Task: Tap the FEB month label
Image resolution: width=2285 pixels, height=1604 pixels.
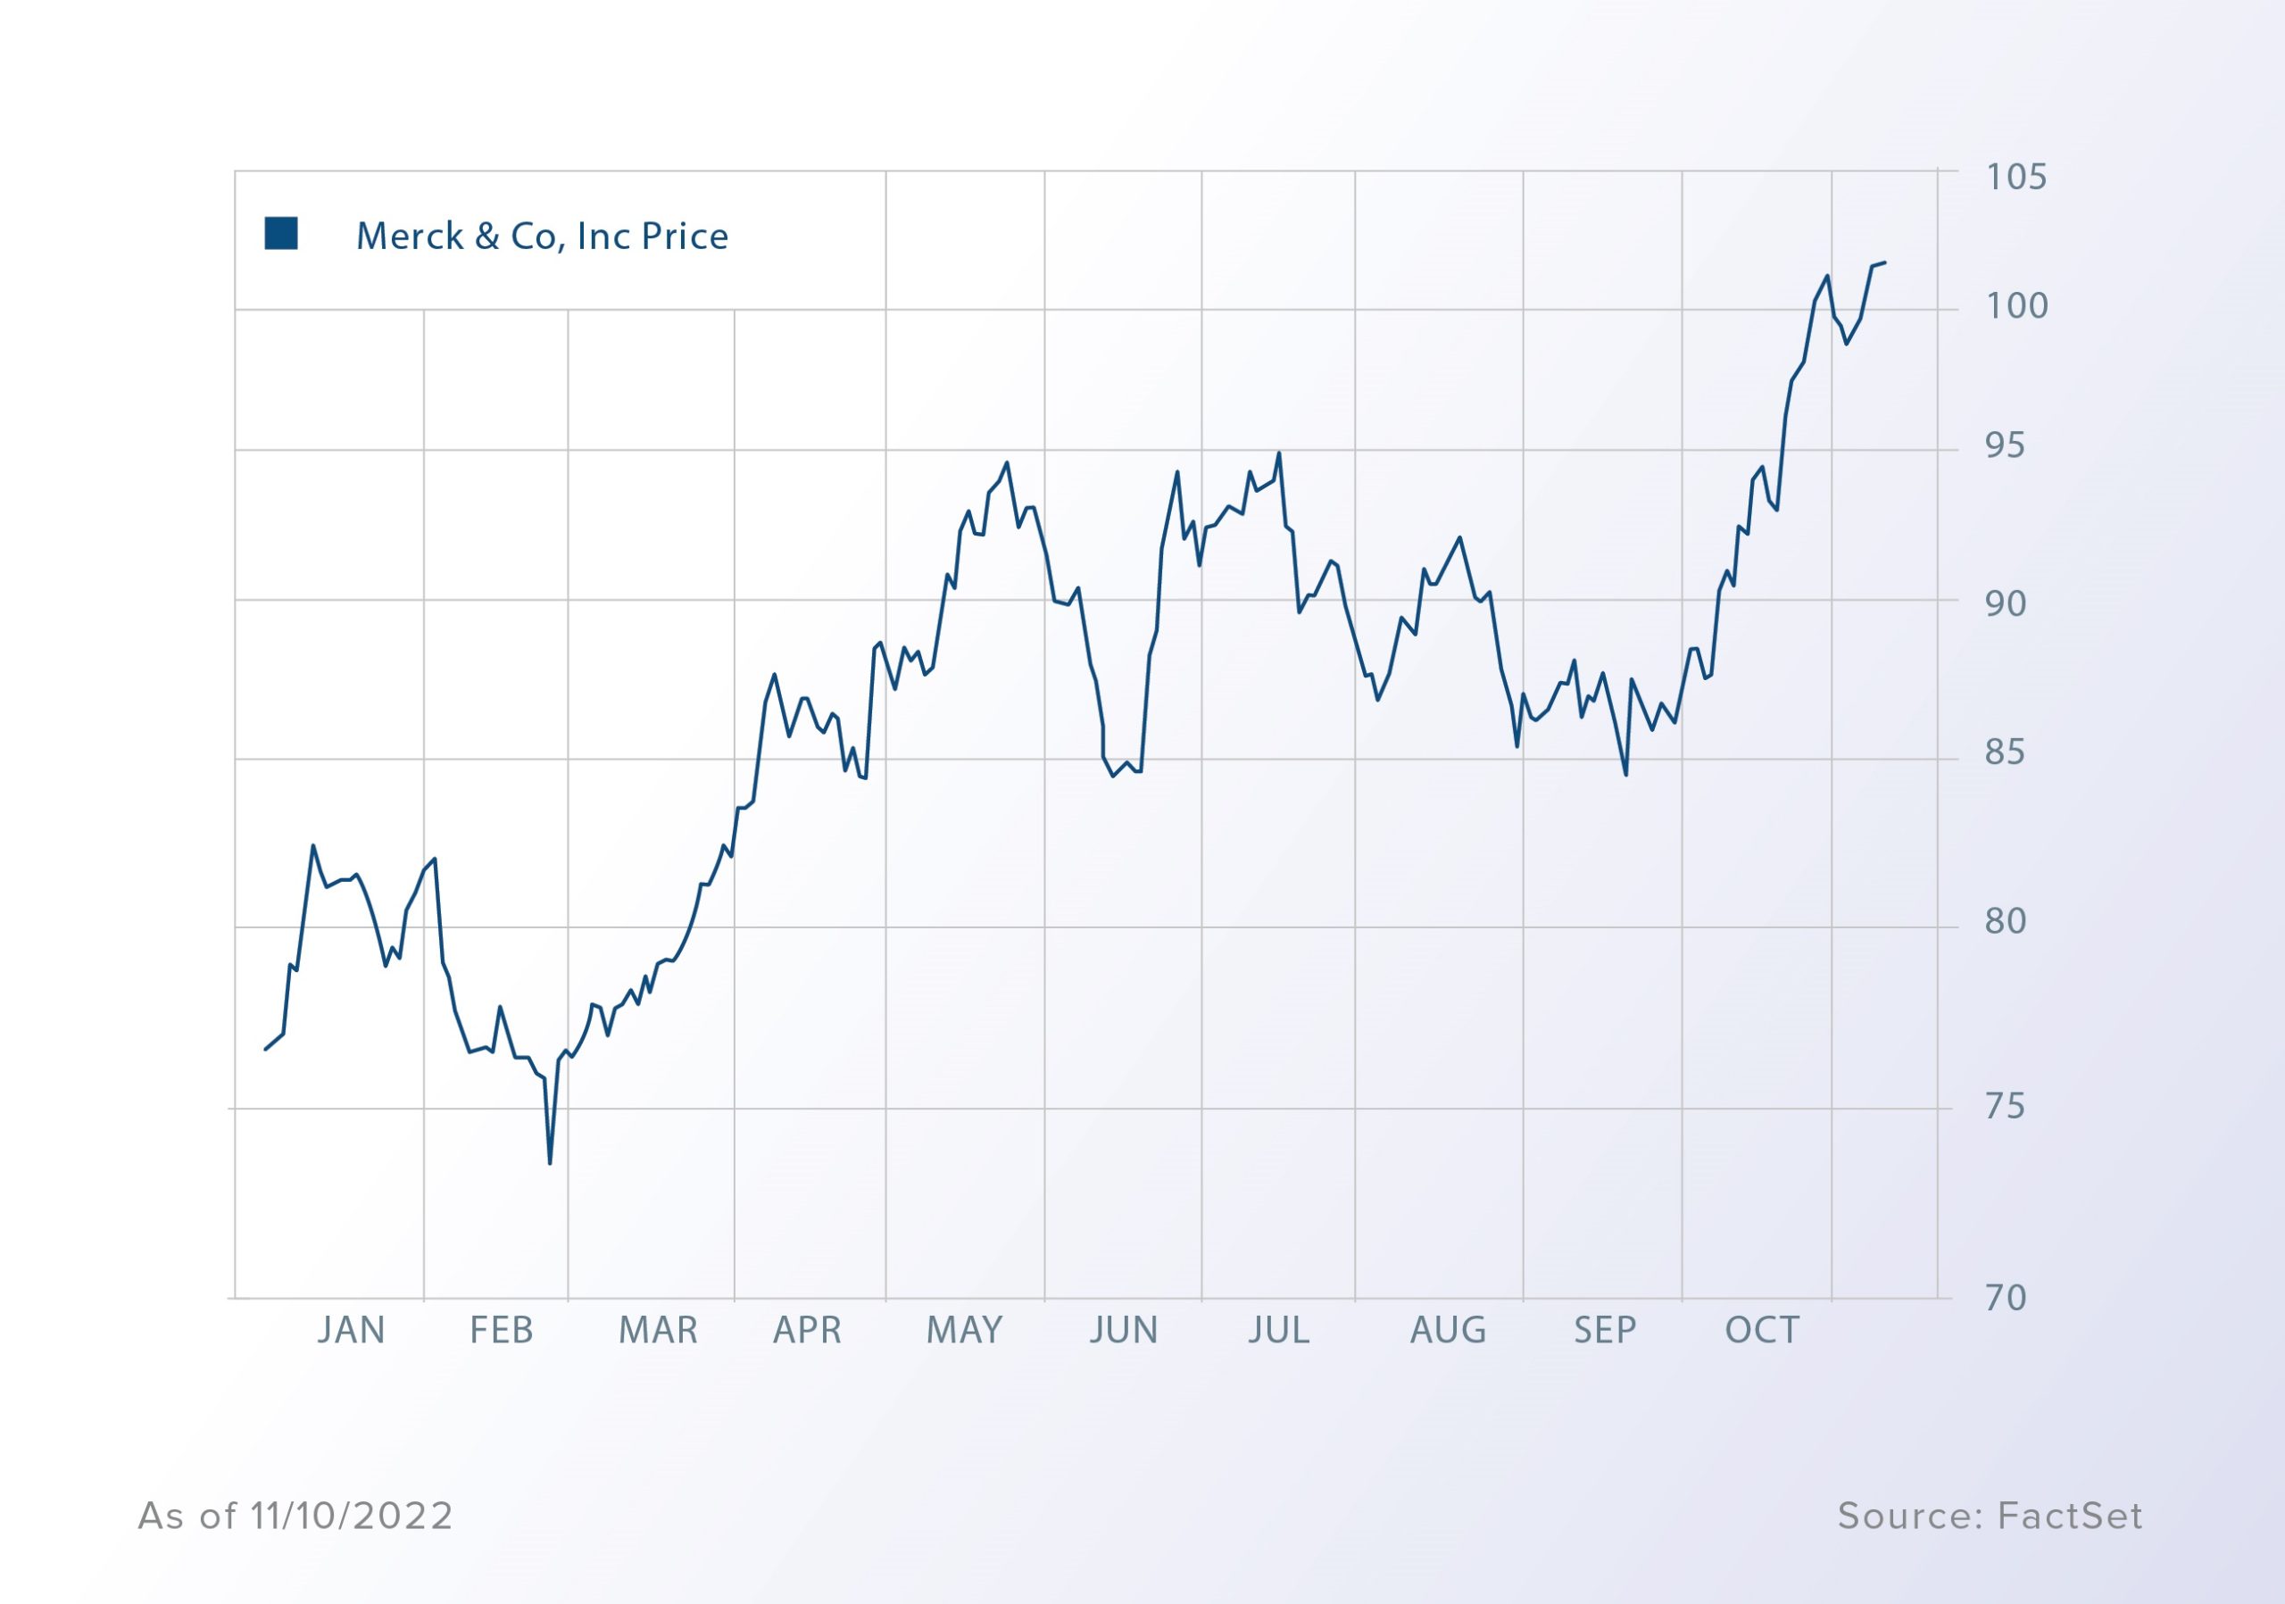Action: point(502,1330)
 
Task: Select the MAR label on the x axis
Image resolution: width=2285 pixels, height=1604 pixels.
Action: point(658,1330)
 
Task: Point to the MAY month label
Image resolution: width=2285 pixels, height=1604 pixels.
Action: point(964,1330)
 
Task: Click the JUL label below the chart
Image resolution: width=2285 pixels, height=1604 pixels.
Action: point(1279,1330)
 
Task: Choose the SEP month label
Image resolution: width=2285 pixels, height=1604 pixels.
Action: point(1604,1330)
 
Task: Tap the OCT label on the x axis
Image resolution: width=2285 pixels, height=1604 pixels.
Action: point(1763,1330)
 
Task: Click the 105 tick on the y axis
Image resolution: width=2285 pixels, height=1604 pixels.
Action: point(2016,177)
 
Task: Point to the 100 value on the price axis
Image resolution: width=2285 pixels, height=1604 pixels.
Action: point(2017,306)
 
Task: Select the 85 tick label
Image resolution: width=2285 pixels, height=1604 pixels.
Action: point(2005,752)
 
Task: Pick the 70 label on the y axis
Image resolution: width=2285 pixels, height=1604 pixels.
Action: point(2006,1298)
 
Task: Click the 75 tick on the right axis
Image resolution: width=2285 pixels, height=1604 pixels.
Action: point(2005,1107)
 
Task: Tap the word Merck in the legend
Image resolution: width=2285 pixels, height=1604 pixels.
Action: point(410,237)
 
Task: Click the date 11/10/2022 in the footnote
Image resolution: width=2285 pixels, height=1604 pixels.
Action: point(353,1516)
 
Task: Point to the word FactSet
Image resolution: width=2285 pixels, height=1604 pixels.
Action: point(2070,1516)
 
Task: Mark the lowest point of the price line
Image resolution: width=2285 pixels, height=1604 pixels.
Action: point(551,1163)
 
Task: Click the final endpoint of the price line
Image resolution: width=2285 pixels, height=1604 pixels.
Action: point(1885,262)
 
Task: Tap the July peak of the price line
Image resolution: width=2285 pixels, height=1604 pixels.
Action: point(1279,453)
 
